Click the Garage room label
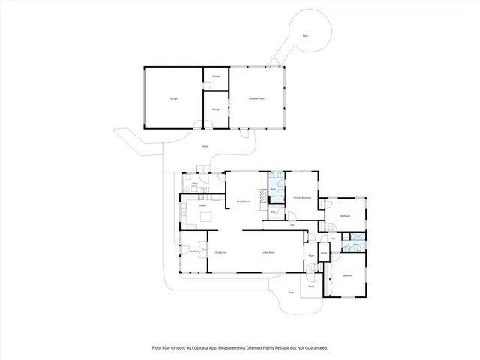pyautogui.click(x=173, y=98)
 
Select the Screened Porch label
pyautogui.click(x=256, y=98)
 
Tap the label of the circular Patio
pyautogui.click(x=304, y=35)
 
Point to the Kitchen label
pyautogui.click(x=202, y=205)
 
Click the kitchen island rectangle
pyautogui.click(x=205, y=217)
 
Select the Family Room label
pyautogui.click(x=243, y=201)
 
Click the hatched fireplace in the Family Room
pyautogui.click(x=262, y=197)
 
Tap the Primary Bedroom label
pyautogui.click(x=301, y=196)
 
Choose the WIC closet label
pyautogui.click(x=274, y=212)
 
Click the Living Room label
pyautogui.click(x=268, y=252)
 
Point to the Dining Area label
pyautogui.click(x=221, y=252)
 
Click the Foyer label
pyautogui.click(x=310, y=256)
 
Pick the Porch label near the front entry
pyautogui.click(x=310, y=286)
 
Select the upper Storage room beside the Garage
pyautogui.click(x=216, y=76)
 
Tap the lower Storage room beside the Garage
pyautogui.click(x=216, y=109)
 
